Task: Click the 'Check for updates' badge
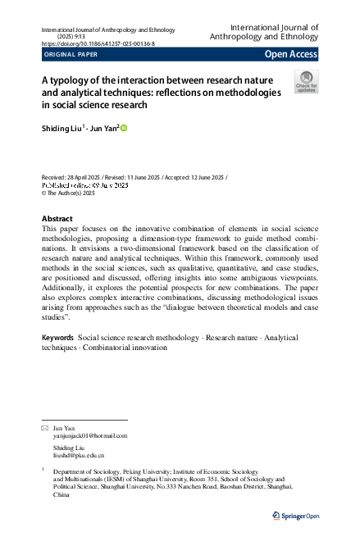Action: click(306, 81)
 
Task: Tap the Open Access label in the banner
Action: click(290, 55)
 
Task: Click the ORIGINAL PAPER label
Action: click(71, 55)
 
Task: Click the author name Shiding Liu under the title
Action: click(61, 128)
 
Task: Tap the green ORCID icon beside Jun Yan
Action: click(125, 128)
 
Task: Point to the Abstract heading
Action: click(57, 219)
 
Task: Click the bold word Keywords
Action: click(57, 337)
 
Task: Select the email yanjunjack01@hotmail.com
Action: click(90, 436)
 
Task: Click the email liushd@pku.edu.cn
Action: click(79, 454)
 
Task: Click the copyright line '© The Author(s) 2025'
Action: click(68, 193)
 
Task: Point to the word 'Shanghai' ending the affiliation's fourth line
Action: click(280, 487)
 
